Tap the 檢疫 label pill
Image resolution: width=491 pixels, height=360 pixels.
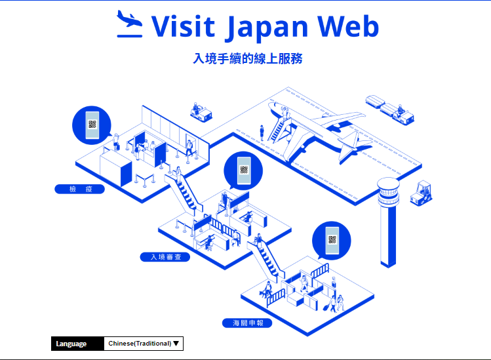click(x=79, y=190)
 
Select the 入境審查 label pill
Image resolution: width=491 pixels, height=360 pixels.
click(x=165, y=257)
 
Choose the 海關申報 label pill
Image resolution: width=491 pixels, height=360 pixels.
click(x=247, y=323)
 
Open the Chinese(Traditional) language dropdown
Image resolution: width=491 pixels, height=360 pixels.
click(x=144, y=344)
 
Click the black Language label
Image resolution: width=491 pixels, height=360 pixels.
click(x=77, y=344)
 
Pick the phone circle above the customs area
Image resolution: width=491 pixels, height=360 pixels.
click(x=331, y=240)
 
